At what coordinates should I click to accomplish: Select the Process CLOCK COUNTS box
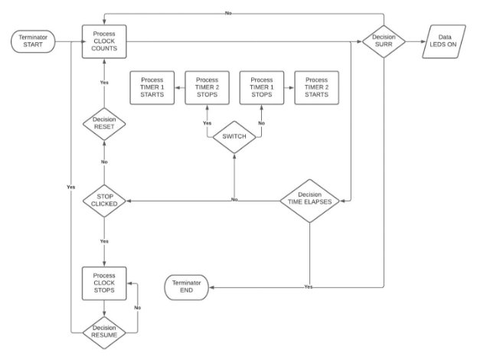[x=103, y=41]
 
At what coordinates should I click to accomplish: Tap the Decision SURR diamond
[x=383, y=41]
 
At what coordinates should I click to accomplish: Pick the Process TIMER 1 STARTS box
[x=152, y=88]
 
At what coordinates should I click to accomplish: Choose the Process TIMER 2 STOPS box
[x=207, y=88]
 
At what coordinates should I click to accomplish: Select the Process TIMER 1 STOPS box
[x=262, y=88]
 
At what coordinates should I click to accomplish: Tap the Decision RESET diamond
[x=103, y=126]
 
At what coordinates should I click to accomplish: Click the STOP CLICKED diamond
[x=103, y=201]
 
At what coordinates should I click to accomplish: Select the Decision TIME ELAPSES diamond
[x=309, y=201]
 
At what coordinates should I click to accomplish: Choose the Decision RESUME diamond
[x=103, y=331]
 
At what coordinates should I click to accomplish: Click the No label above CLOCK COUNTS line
[x=229, y=13]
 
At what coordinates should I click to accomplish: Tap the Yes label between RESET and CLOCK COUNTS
[x=103, y=82]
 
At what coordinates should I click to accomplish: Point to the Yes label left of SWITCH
[x=207, y=123]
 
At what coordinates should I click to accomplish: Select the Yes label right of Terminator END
[x=309, y=287]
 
